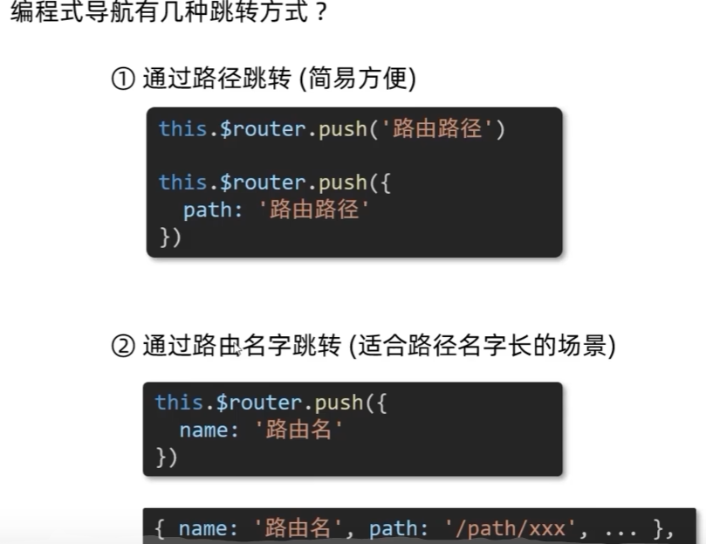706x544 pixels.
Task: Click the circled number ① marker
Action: point(121,79)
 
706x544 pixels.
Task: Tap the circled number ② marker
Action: point(121,347)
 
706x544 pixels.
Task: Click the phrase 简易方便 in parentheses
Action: point(357,79)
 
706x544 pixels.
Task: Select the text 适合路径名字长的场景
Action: point(482,347)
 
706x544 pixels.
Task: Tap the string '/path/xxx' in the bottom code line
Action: point(487,528)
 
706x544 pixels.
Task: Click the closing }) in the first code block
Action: point(169,238)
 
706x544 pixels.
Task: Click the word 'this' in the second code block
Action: point(180,403)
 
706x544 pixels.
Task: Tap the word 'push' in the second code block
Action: point(339,403)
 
